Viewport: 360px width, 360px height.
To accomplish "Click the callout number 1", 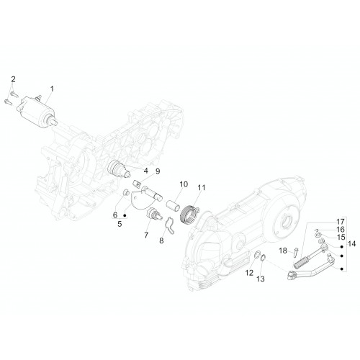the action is pyautogui.click(x=52, y=89).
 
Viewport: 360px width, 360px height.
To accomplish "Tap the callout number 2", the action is pyautogui.click(x=13, y=79).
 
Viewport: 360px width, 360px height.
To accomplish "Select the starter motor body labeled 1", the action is pyautogui.click(x=37, y=112).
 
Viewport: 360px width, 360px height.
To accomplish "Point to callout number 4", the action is pyautogui.click(x=145, y=171).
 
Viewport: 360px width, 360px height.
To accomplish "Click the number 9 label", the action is pyautogui.click(x=158, y=171).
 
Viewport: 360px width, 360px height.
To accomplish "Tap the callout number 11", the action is pyautogui.click(x=202, y=187).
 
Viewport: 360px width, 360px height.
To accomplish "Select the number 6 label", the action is pyautogui.click(x=115, y=215).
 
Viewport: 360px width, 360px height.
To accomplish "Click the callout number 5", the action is pyautogui.click(x=120, y=224).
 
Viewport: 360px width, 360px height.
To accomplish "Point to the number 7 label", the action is pyautogui.click(x=146, y=235).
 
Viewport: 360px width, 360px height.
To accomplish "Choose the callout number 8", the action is pyautogui.click(x=161, y=240).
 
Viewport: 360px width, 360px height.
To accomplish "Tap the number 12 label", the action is pyautogui.click(x=249, y=273).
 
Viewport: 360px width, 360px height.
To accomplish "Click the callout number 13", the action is pyautogui.click(x=261, y=279).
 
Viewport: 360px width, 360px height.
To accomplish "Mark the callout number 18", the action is pyautogui.click(x=283, y=251).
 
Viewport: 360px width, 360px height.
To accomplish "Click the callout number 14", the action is pyautogui.click(x=351, y=244).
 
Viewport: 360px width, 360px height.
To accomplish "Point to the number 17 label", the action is pyautogui.click(x=341, y=221).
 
